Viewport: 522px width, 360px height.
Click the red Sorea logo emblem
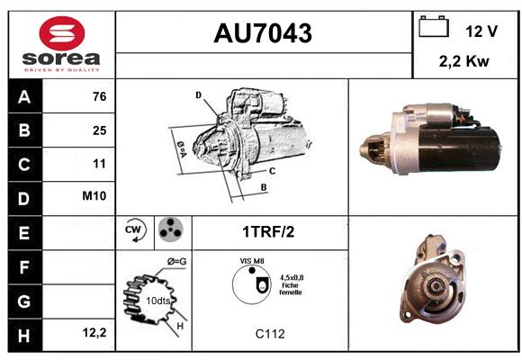tap(62, 33)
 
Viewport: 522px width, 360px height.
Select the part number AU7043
tap(263, 33)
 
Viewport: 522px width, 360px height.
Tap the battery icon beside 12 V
tap(434, 26)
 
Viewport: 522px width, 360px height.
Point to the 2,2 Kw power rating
tap(464, 61)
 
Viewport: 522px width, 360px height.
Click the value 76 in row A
tap(100, 96)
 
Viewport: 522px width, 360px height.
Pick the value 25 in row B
tap(100, 130)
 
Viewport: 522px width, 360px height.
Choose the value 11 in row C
tap(100, 164)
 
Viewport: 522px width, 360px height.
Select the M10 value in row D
tap(94, 196)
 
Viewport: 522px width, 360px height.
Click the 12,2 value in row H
tap(94, 332)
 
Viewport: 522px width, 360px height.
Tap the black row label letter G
tap(24, 301)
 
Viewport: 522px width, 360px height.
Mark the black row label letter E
tap(24, 233)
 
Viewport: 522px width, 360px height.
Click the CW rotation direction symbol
tap(135, 230)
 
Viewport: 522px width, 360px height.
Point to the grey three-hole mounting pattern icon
tap(171, 229)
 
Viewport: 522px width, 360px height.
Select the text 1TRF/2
tap(268, 232)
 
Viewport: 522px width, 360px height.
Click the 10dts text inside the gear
tap(157, 301)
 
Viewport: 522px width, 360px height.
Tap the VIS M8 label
tap(252, 261)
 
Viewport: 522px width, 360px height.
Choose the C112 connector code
tap(270, 334)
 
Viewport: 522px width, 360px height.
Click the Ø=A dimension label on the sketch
tap(182, 149)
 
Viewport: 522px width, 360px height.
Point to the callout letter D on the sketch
tap(198, 95)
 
